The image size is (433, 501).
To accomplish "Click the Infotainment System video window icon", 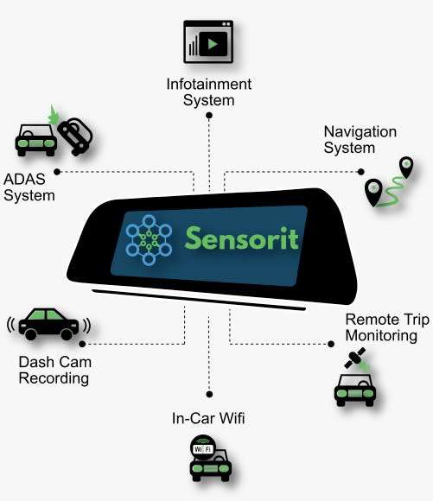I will coord(208,42).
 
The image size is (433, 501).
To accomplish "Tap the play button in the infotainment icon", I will coord(215,43).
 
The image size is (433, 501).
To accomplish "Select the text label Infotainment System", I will coord(208,92).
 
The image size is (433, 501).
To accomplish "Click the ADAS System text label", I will coord(29,187).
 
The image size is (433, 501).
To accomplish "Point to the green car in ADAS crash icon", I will coord(35,138).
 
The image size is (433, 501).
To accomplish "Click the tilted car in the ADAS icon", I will coord(75,136).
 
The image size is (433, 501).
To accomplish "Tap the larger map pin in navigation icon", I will coord(373,190).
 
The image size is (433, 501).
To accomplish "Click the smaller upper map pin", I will coord(404,166).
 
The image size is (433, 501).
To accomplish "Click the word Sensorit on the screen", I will coord(239,236).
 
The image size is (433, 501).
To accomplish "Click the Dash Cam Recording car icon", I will coord(48,324).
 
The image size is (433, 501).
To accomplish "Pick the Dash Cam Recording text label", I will coord(54,370).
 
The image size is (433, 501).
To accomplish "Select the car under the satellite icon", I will coord(354,389).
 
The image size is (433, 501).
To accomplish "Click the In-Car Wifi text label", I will coord(207,420).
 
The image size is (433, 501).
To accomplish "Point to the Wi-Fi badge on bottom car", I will coord(203,449).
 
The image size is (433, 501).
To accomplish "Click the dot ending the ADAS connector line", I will coord(57,171).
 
